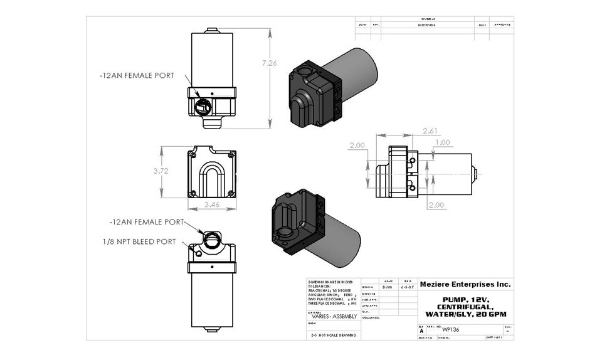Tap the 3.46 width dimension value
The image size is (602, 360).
(x=211, y=205)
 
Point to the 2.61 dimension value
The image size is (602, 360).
(x=430, y=131)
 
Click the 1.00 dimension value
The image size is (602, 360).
(x=442, y=142)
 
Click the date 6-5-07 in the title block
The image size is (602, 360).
(x=406, y=287)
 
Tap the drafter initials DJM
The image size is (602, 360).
(x=388, y=287)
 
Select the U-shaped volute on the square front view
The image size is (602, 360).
(x=211, y=179)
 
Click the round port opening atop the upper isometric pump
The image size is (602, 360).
(x=307, y=71)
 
